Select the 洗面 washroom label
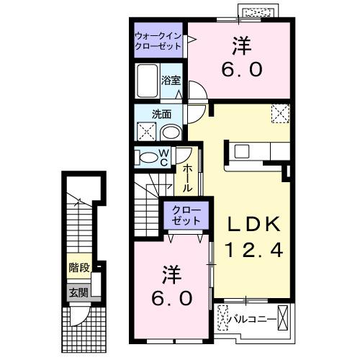(160, 114)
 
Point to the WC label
(164, 157)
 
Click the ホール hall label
(187, 177)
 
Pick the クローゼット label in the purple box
(186, 214)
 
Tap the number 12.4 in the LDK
(248, 251)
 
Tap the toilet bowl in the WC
(147, 158)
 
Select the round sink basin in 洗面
(171, 132)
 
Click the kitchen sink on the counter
(240, 151)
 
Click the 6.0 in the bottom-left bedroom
(171, 297)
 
